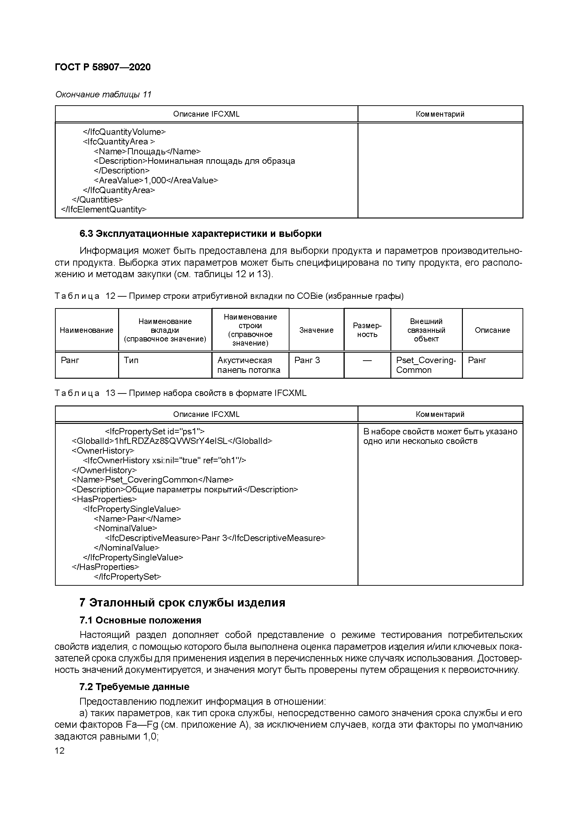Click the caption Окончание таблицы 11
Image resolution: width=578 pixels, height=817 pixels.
[103, 94]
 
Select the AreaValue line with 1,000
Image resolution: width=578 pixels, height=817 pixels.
[156, 180]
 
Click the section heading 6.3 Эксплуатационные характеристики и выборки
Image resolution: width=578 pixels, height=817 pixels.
[200, 234]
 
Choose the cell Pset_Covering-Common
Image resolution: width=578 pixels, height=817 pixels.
[426, 365]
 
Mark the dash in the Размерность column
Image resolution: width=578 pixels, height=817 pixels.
[367, 361]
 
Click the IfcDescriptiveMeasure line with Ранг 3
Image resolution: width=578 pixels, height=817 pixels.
[215, 538]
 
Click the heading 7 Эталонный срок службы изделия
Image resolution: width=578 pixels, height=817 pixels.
[182, 603]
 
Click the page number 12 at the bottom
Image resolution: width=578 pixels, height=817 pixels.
[60, 750]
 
